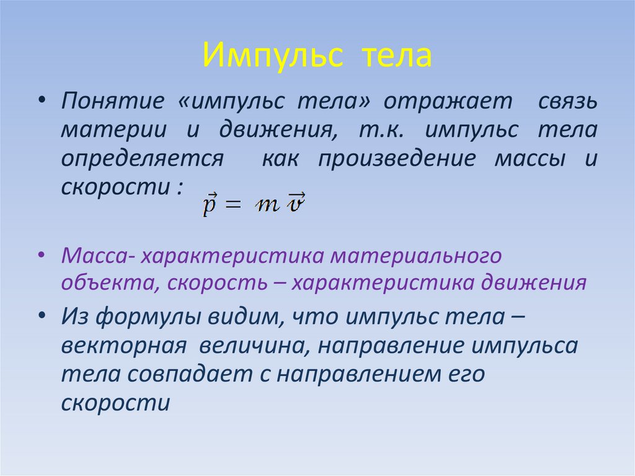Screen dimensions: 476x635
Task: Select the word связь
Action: (x=567, y=101)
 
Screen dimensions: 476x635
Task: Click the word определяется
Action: (x=142, y=159)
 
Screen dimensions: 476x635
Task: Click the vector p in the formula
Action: (x=209, y=204)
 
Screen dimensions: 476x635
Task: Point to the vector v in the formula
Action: (x=296, y=203)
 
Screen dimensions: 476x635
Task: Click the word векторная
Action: (x=124, y=346)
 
